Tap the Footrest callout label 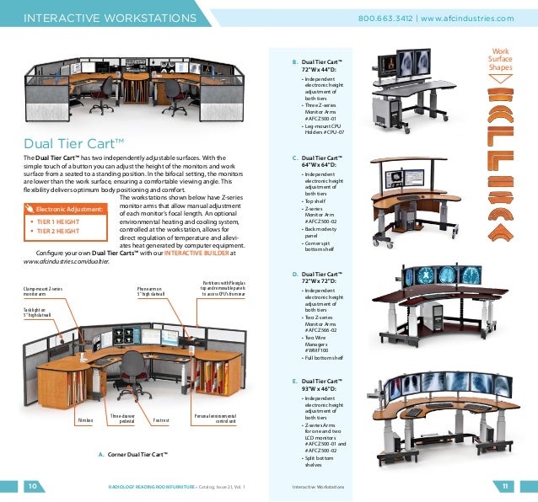[162, 419]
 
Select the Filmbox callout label [85, 419]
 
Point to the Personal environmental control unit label [214, 418]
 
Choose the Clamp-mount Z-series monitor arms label [42, 291]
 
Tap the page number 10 [30, 486]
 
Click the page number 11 [506, 486]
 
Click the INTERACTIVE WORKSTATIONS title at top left [110, 18]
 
